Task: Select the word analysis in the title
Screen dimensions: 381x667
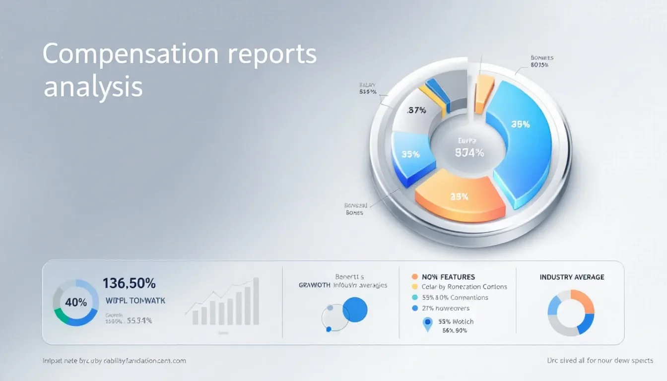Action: pyautogui.click(x=93, y=86)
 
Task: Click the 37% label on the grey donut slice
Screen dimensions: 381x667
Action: pyautogui.click(x=416, y=111)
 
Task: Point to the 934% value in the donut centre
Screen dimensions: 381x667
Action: pyautogui.click(x=469, y=153)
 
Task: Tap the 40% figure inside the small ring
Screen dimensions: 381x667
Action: pyautogui.click(x=76, y=302)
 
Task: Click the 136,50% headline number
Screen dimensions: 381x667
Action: pyautogui.click(x=129, y=284)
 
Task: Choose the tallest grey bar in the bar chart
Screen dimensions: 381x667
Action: pyautogui.click(x=256, y=301)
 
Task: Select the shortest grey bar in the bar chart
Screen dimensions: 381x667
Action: pyautogui.click(x=196, y=317)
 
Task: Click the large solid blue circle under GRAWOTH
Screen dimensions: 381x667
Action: pyautogui.click(x=355, y=310)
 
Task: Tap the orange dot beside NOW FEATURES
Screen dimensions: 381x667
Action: pyautogui.click(x=415, y=277)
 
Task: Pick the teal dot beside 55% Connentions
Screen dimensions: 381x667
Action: pyautogui.click(x=415, y=298)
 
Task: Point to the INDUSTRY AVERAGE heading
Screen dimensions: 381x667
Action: pyautogui.click(x=572, y=277)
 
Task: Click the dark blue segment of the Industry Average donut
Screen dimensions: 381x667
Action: pyautogui.click(x=586, y=322)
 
